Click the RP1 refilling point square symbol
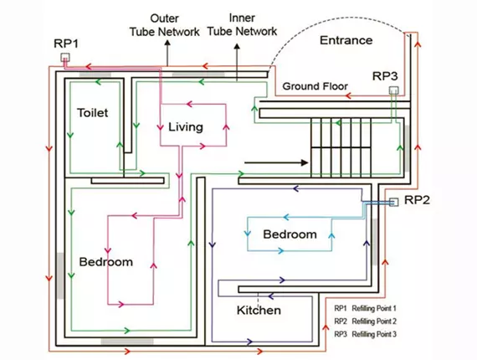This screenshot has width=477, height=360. (65, 58)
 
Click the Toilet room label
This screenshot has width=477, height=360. (92, 111)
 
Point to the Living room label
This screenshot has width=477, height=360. (185, 126)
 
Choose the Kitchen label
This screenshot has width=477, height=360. (258, 310)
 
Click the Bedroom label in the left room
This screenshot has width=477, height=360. (105, 262)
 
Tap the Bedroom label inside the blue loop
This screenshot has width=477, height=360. (290, 234)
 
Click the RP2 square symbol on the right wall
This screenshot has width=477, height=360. (392, 201)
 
